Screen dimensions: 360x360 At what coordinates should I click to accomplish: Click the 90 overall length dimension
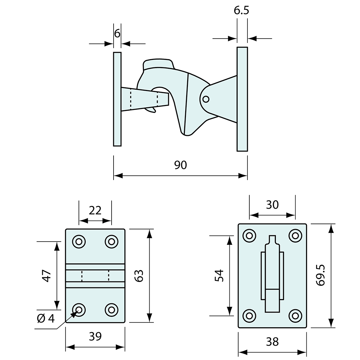pos(180,165)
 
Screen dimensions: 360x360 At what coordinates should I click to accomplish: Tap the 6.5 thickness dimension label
pos(242,10)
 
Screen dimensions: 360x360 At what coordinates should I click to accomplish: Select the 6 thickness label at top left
pos(117,33)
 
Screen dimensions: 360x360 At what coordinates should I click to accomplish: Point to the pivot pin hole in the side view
pos(206,99)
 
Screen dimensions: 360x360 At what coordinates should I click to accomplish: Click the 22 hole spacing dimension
pos(95,210)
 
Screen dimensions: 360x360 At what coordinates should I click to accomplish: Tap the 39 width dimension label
pos(95,336)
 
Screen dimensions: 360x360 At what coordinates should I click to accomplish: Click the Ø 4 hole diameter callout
pos(46,318)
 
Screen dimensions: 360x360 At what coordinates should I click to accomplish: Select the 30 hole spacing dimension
pos(272,205)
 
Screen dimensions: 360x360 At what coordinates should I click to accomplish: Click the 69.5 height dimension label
pos(321,275)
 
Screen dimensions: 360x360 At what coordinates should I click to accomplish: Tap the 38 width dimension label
pos(272,342)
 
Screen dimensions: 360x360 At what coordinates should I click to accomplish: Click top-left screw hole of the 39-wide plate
pos(79,242)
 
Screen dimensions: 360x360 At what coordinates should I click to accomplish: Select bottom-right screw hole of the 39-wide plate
pos(111,309)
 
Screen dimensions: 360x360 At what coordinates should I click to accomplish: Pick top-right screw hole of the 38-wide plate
pos(295,235)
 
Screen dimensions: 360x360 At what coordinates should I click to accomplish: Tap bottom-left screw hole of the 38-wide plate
pos(249,315)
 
